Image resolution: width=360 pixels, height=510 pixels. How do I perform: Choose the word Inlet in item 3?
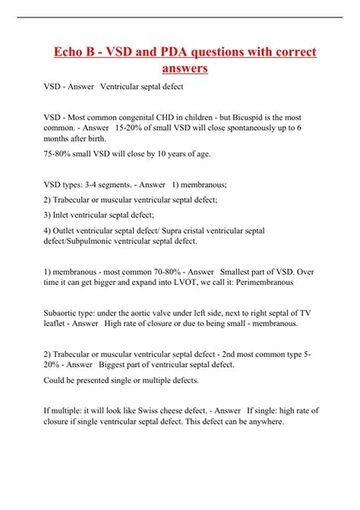(x=63, y=215)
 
